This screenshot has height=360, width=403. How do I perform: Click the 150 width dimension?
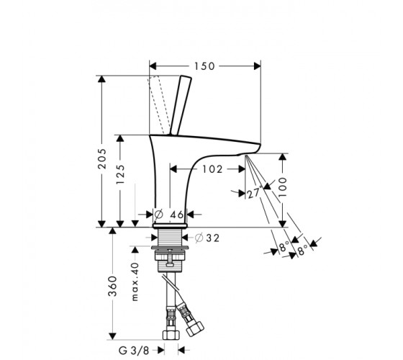204,66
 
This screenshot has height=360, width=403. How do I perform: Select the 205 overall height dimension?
102,158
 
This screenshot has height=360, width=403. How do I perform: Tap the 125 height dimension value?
120,174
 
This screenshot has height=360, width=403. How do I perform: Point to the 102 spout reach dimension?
212,169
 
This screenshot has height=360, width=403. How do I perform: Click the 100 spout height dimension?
282,187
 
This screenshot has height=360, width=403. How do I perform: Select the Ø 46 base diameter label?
169,215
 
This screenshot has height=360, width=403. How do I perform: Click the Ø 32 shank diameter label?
207,238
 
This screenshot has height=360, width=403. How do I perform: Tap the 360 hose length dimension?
112,287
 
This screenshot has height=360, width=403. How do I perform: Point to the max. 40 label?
135,282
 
